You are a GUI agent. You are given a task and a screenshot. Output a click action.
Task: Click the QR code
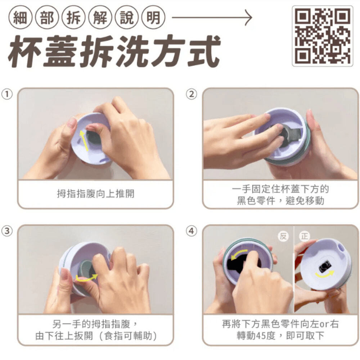point(322,36)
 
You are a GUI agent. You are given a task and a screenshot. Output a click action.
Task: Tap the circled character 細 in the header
point(20,17)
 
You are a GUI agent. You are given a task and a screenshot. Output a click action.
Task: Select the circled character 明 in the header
point(153,17)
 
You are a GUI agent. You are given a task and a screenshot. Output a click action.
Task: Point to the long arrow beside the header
point(212,17)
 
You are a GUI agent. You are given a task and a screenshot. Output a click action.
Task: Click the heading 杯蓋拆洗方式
point(114,52)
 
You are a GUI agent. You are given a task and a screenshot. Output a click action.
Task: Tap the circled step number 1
point(7,94)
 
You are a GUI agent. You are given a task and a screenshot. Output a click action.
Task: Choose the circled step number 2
point(192,94)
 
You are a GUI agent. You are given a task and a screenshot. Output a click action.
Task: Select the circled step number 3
point(7,231)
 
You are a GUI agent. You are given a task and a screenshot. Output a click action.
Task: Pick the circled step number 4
point(192,231)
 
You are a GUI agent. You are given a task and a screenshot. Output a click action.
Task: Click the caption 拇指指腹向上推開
point(95,194)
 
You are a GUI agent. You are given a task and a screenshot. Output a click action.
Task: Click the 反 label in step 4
point(283,236)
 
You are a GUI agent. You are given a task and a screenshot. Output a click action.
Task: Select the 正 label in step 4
point(305,236)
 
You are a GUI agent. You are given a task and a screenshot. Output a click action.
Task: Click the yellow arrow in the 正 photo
point(324,274)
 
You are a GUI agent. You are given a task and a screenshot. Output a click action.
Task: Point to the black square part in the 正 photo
point(325,266)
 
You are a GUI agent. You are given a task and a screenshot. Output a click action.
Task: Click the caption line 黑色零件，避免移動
point(280,201)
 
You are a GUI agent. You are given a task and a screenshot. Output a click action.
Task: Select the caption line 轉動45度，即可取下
point(280,336)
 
